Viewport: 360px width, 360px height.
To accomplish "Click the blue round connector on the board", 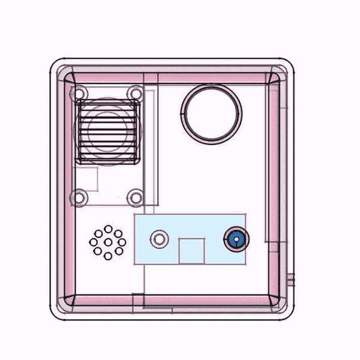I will pos(235,241).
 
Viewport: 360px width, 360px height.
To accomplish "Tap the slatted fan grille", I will pos(107,131).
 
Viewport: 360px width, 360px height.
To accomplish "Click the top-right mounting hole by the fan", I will pos(136,94).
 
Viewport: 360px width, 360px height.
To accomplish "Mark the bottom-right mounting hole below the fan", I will pos(136,197).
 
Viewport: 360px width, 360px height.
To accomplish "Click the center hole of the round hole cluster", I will pos(107,242).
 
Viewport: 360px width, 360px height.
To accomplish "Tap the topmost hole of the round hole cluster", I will pos(107,229).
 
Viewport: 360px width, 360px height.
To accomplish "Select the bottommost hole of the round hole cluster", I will pos(107,256).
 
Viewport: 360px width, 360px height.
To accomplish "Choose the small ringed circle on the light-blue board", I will pos(159,239).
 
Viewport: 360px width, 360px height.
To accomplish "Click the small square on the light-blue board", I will pos(192,251).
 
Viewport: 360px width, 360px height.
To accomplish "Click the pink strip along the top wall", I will pos(174,77).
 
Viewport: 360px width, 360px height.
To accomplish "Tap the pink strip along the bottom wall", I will pos(174,299).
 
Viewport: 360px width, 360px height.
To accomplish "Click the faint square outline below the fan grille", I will pos(86,179).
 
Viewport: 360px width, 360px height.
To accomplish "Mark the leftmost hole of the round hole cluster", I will pos(94,242).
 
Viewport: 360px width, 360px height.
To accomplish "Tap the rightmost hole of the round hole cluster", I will pos(121,242).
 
